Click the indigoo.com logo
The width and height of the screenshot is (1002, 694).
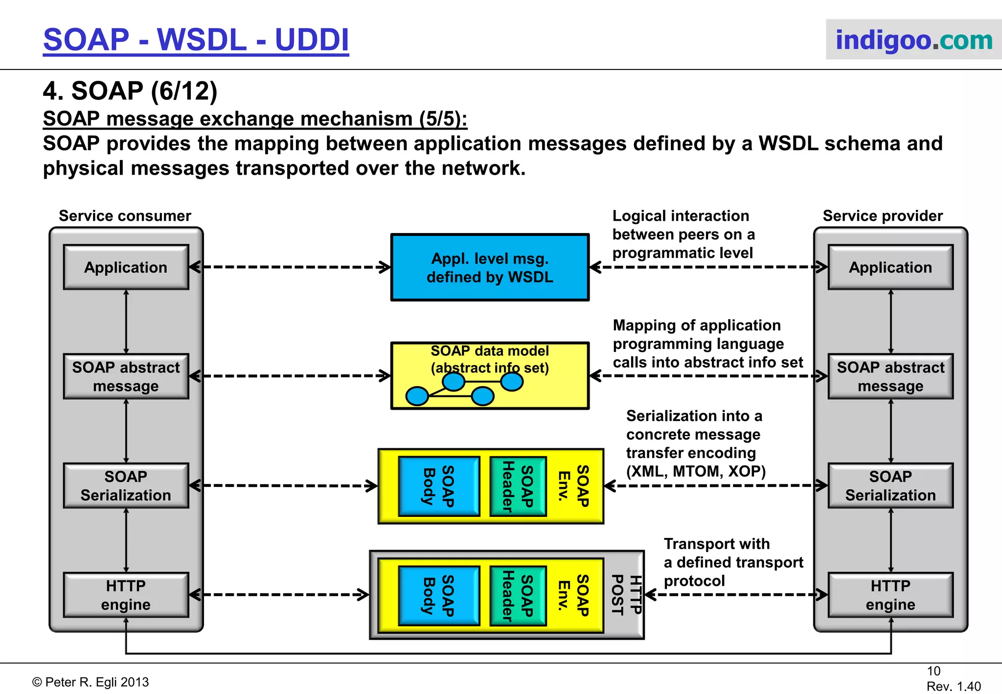click(x=913, y=40)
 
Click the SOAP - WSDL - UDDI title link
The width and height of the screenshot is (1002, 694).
click(x=196, y=40)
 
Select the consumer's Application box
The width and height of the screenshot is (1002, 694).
click(x=126, y=267)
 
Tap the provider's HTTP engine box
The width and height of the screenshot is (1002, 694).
click(x=890, y=595)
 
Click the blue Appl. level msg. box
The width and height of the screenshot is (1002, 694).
click(x=490, y=267)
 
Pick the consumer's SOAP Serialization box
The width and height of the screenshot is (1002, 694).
click(x=126, y=486)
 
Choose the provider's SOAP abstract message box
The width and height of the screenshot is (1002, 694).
click(x=890, y=376)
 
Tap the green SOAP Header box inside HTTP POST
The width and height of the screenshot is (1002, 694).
click(x=518, y=596)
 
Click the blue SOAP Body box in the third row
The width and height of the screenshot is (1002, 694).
click(x=439, y=486)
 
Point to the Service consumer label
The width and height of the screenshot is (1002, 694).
click(x=125, y=216)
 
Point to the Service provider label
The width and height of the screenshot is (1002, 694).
click(x=882, y=216)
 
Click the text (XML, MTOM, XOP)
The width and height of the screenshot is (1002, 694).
click(x=695, y=471)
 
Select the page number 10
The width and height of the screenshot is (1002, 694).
click(x=933, y=671)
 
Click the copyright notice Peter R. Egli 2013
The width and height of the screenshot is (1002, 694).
click(x=91, y=682)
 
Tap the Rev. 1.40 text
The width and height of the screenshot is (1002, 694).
click(x=953, y=686)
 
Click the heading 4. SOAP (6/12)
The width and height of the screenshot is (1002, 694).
click(x=130, y=91)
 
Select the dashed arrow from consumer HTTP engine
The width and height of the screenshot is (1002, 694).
click(x=279, y=595)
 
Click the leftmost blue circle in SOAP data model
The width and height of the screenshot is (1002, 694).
click(x=417, y=395)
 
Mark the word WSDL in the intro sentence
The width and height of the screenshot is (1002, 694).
click(x=788, y=143)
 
